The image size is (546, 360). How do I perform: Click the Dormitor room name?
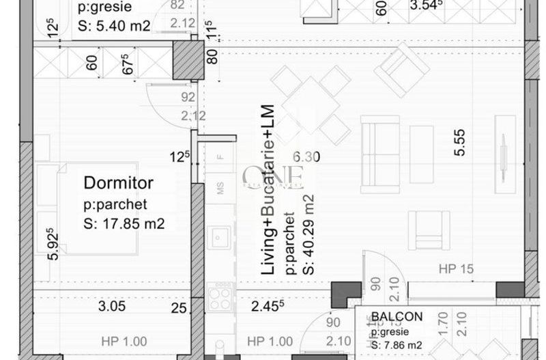tap(118, 183)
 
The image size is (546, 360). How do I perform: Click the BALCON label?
tap(397, 317)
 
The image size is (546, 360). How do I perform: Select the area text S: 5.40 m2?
tap(113, 26)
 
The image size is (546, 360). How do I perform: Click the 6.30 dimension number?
tap(306, 157)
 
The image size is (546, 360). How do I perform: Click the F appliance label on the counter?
tap(220, 156)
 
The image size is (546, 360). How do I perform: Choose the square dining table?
tap(310, 105)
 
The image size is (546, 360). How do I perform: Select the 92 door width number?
tap(188, 98)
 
